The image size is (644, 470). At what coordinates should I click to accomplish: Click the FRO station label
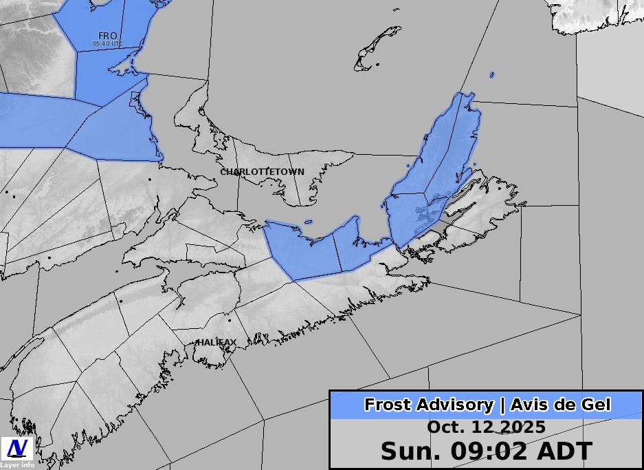click(107, 36)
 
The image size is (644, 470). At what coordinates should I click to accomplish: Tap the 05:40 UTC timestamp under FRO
click(108, 43)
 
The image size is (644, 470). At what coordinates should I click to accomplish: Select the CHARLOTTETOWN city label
click(262, 171)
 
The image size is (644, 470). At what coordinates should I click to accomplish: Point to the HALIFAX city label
click(216, 342)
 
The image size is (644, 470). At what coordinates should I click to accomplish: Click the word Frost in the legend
click(389, 405)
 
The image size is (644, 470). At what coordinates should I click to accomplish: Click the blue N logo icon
click(17, 449)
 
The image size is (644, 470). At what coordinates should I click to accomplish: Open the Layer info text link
click(17, 465)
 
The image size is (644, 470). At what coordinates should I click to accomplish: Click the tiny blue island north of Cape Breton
click(492, 74)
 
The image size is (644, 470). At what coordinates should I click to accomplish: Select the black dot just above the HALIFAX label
click(230, 319)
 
